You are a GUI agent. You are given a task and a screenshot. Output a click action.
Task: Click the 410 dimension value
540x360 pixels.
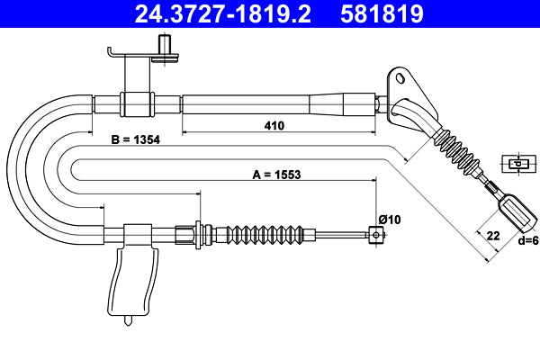(x=274, y=126)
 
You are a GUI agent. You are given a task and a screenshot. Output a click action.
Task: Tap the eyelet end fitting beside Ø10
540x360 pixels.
(x=374, y=236)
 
